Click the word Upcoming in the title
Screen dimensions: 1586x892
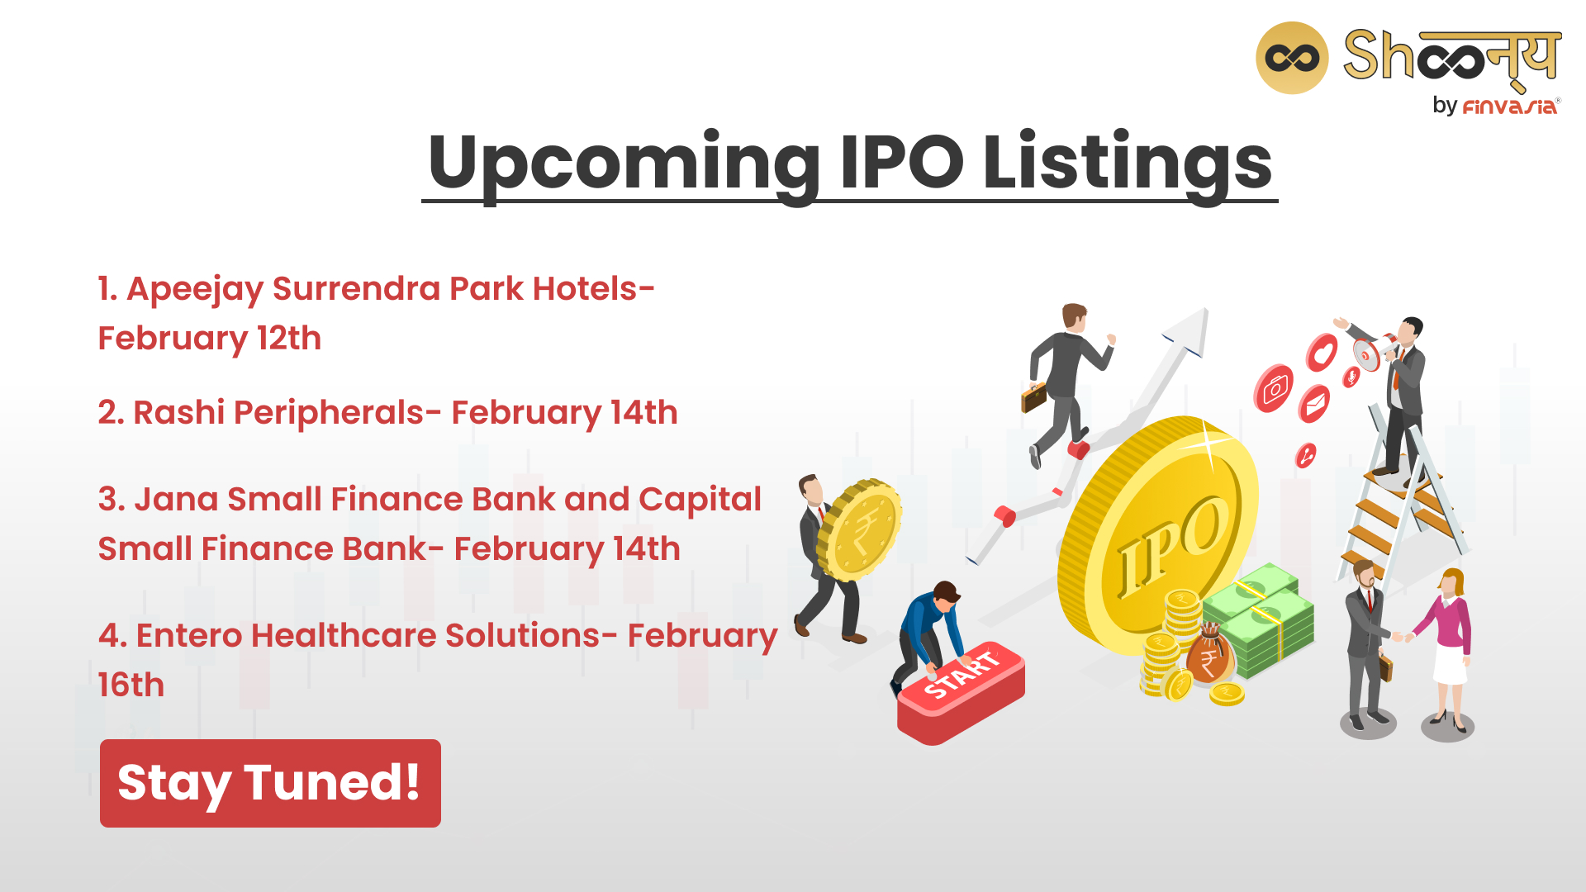click(624, 164)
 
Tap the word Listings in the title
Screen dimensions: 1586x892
click(1128, 164)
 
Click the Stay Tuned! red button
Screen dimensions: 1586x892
click(270, 783)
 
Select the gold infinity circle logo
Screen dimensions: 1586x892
click(1292, 58)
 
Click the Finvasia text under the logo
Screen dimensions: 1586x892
click(1510, 107)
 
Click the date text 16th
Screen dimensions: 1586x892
click(131, 685)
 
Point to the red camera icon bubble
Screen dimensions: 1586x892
click(1274, 388)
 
